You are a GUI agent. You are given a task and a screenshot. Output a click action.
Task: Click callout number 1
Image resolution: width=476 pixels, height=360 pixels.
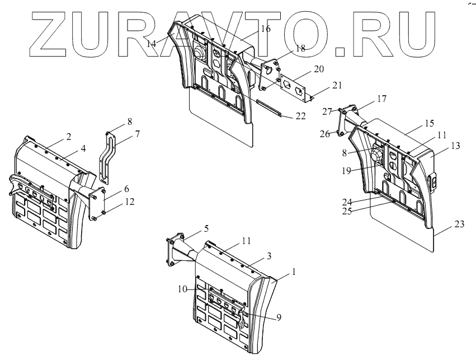293,272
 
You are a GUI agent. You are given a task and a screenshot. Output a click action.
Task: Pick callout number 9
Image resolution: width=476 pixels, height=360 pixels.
279,317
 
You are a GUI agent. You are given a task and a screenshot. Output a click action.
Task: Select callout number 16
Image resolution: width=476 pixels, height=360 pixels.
265,29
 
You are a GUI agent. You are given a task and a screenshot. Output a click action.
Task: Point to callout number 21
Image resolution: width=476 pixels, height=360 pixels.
336,85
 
